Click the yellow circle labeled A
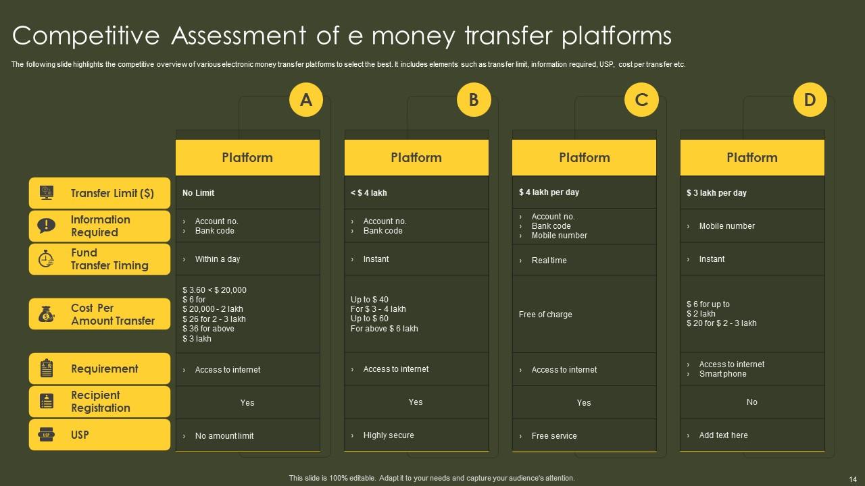click(x=306, y=100)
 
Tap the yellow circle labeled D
click(x=810, y=100)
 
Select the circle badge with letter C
click(x=641, y=100)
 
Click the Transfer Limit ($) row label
click(x=112, y=193)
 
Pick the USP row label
click(x=80, y=435)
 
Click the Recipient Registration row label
click(x=100, y=402)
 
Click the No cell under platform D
click(x=752, y=402)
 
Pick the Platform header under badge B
click(x=416, y=158)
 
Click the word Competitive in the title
click(x=87, y=36)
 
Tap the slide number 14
click(x=852, y=479)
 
